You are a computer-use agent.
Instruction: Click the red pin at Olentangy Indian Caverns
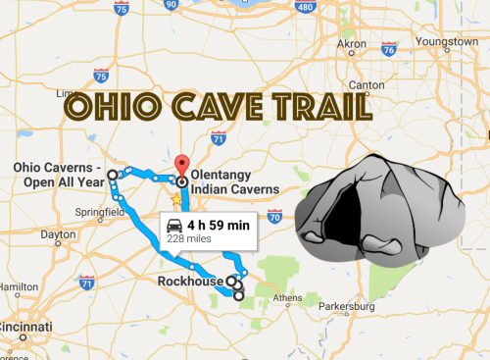coord(180,164)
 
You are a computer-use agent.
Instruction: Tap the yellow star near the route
coord(176,199)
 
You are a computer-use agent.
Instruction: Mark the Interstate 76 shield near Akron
coord(388,49)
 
